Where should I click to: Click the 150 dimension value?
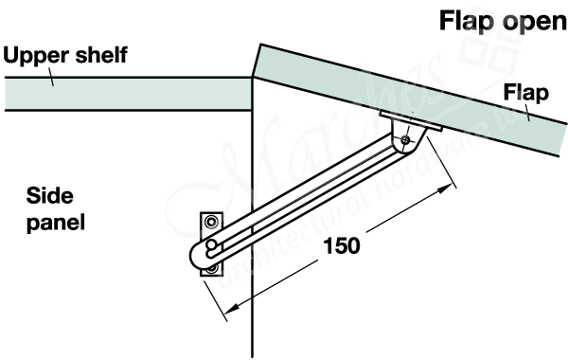coord(341,245)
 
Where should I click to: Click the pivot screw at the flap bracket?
coord(405,140)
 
